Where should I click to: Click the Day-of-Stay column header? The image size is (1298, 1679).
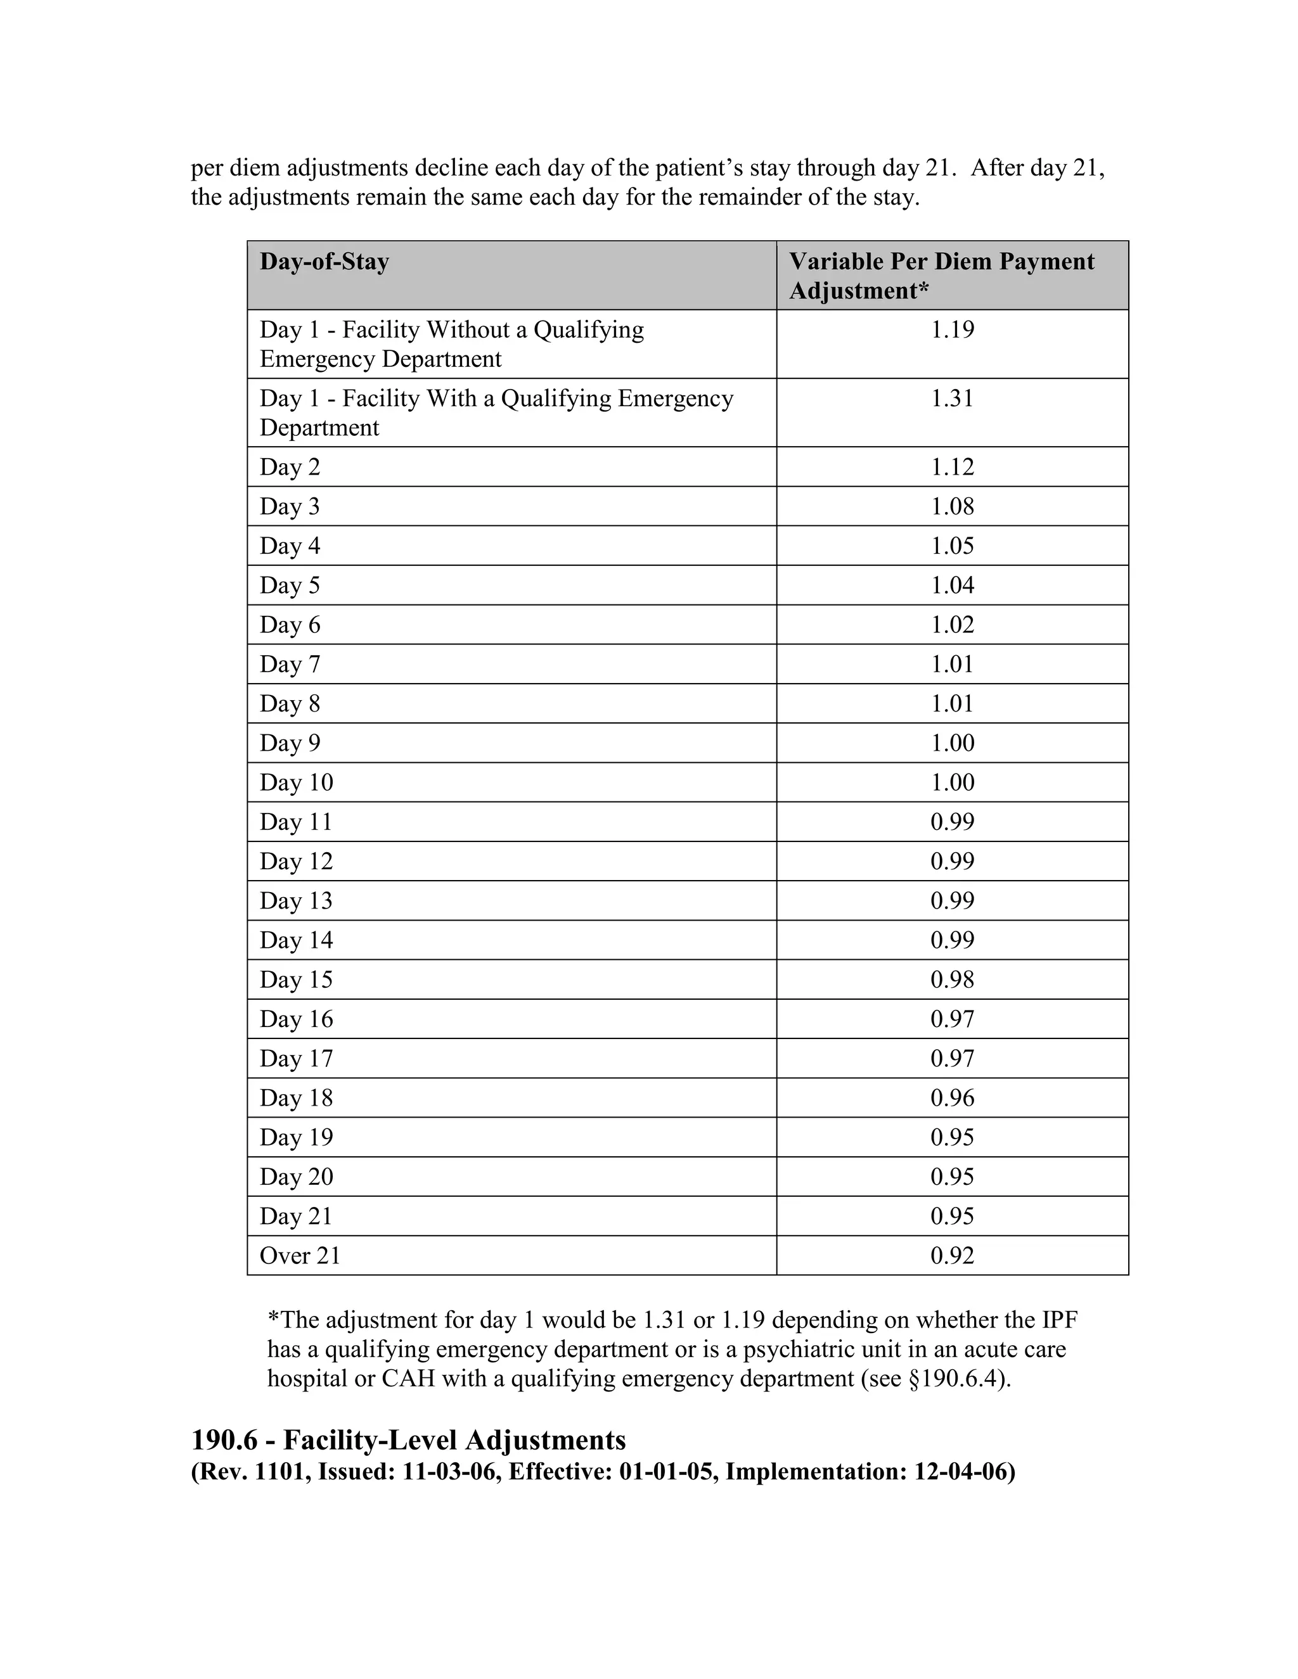tap(324, 262)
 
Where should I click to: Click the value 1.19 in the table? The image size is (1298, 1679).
tap(952, 330)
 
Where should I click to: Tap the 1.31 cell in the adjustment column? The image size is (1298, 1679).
tap(952, 399)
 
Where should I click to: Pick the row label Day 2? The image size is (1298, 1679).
tap(290, 468)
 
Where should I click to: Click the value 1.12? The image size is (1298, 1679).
tap(952, 468)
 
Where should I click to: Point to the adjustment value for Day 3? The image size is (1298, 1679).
tap(952, 507)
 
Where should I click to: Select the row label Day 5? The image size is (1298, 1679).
tap(290, 586)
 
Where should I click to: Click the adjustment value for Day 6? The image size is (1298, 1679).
tap(952, 625)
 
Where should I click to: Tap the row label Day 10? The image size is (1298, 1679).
tap(296, 782)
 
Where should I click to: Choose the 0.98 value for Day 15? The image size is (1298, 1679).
tap(952, 980)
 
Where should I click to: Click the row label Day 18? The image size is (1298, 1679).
tap(296, 1099)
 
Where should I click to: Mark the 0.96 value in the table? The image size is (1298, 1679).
tap(952, 1099)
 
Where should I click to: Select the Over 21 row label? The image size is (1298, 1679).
tap(300, 1256)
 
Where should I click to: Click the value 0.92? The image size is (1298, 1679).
tap(952, 1256)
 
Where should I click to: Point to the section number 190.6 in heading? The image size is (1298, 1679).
tap(224, 1440)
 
